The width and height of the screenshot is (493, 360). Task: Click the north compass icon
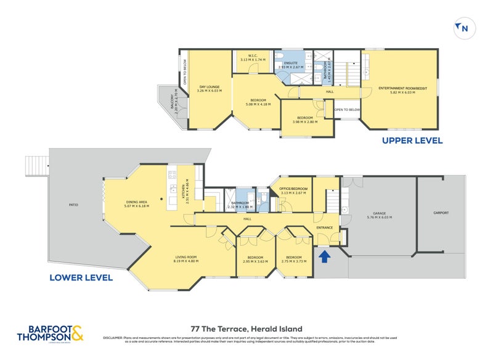click(462, 27)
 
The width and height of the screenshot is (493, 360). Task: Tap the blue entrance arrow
click(325, 255)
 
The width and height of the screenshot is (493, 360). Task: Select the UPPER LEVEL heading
click(412, 141)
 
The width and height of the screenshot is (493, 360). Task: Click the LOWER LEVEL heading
click(82, 277)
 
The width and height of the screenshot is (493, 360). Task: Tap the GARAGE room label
click(379, 214)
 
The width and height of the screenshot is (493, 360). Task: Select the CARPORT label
click(440, 213)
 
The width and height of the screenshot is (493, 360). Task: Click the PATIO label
click(73, 205)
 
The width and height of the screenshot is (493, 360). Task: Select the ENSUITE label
click(291, 63)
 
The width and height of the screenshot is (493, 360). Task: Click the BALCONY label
click(176, 103)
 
